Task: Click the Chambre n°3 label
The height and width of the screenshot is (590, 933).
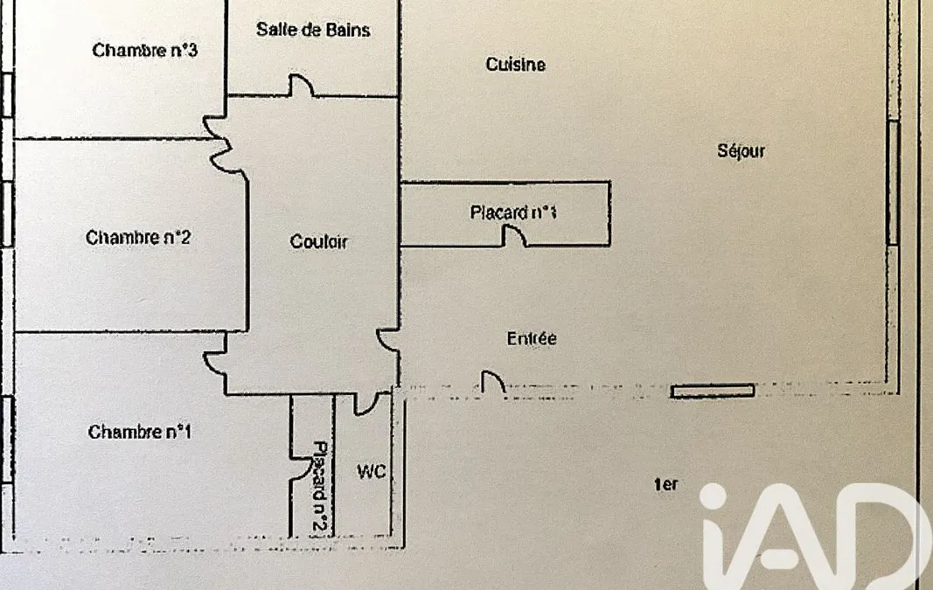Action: pos(144,50)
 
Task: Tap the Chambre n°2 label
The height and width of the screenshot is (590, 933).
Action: pos(138,237)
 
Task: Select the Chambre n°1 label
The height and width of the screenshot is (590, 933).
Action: pos(140,431)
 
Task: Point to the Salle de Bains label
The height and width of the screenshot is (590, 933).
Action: pos(313,30)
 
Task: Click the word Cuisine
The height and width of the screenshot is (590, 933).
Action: pos(515,64)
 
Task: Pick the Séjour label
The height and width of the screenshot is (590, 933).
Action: pos(741,150)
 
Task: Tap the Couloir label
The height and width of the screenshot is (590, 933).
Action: pos(318,241)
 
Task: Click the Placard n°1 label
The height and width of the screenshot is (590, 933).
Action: pos(513,212)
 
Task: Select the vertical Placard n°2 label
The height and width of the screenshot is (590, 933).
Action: pos(319,487)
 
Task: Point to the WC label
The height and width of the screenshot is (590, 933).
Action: pos(372,472)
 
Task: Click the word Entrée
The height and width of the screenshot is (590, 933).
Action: pos(532,338)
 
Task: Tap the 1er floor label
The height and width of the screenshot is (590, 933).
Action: pos(665,485)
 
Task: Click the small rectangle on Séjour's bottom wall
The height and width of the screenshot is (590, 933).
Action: pos(713,391)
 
